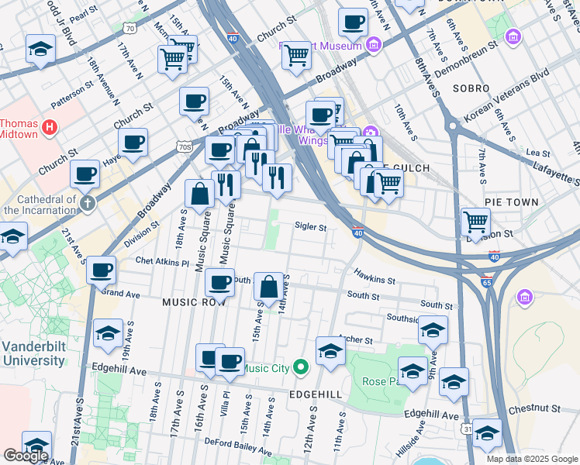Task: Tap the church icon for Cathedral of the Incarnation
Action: click(x=88, y=203)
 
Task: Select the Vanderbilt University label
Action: click(x=33, y=353)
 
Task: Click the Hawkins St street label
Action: click(x=375, y=275)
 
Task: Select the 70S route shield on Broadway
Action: click(x=183, y=146)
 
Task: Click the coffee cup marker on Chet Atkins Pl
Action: click(x=101, y=270)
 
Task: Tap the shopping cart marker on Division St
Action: click(x=475, y=222)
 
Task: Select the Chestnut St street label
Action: click(x=534, y=408)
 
